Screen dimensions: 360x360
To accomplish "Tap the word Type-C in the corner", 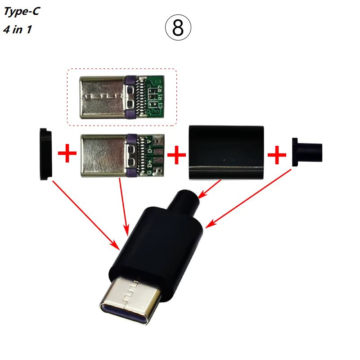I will coord(21,12).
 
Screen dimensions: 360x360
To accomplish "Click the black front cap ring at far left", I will coord(45,154).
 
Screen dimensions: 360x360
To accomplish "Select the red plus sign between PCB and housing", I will coord(177,155).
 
